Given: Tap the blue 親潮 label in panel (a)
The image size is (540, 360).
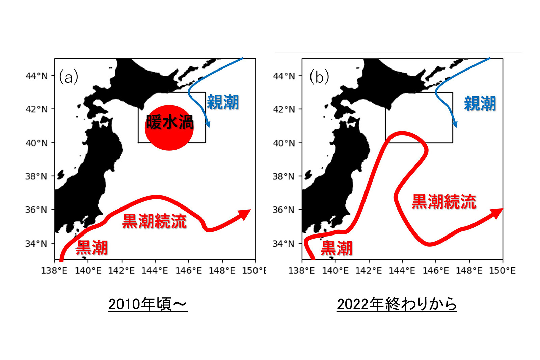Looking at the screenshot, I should (223, 102).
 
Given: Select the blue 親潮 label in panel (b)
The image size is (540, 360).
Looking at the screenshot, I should (480, 104).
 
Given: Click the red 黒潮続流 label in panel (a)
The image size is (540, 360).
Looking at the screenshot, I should (154, 221).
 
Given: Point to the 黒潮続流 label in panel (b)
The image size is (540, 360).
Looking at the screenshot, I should (444, 201).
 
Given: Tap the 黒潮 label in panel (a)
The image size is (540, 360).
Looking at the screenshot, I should (92, 248).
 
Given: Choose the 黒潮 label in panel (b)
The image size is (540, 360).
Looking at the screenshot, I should (336, 248).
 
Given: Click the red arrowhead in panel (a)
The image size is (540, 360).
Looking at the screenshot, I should (245, 214).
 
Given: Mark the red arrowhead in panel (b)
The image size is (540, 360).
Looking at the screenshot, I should (496, 213).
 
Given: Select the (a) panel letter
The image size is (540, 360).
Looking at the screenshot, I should (69, 77).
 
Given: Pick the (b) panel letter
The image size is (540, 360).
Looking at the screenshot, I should (319, 77).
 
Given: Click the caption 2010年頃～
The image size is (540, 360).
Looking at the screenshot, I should (148, 304).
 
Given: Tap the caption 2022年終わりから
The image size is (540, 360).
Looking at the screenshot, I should (397, 304).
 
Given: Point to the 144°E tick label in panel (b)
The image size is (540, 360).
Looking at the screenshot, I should (402, 271).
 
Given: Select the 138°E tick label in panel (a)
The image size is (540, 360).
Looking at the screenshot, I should (54, 271).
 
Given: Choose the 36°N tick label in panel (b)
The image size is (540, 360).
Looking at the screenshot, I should (283, 210).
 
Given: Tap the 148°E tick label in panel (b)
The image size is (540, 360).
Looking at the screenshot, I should (469, 271).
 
